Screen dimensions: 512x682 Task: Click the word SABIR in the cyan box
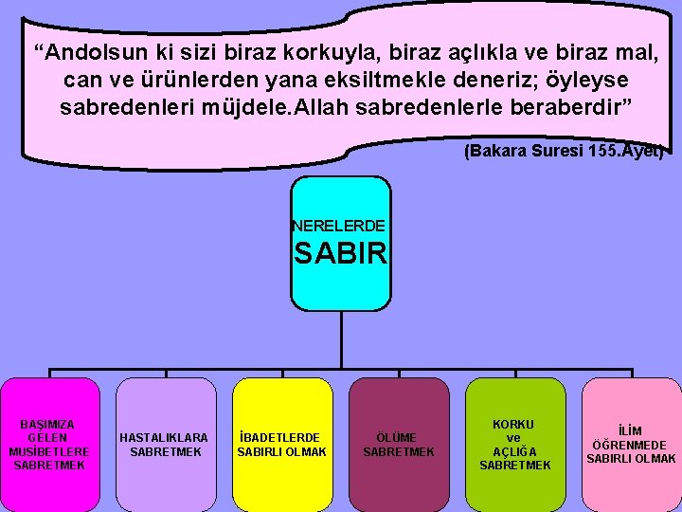pyautogui.click(x=340, y=254)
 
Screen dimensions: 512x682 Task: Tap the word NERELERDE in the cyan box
pyautogui.click(x=339, y=227)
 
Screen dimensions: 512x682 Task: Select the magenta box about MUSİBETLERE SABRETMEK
pyautogui.click(x=50, y=444)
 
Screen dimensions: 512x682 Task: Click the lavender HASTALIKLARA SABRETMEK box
pyautogui.click(x=166, y=444)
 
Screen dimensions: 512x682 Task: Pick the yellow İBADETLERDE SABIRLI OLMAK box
pyautogui.click(x=281, y=444)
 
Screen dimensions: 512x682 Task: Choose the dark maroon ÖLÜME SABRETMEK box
pyautogui.click(x=399, y=444)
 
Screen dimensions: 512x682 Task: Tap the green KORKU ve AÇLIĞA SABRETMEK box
pyautogui.click(x=515, y=444)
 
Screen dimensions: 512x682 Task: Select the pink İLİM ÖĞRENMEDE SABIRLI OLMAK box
pyautogui.click(x=631, y=444)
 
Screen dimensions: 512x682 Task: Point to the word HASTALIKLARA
pyautogui.click(x=165, y=438)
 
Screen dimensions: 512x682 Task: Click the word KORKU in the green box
pyautogui.click(x=514, y=424)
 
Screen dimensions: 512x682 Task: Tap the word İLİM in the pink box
pyautogui.click(x=631, y=431)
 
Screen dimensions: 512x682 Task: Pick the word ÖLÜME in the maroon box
pyautogui.click(x=398, y=438)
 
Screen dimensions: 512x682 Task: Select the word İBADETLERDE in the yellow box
pyautogui.click(x=281, y=438)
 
